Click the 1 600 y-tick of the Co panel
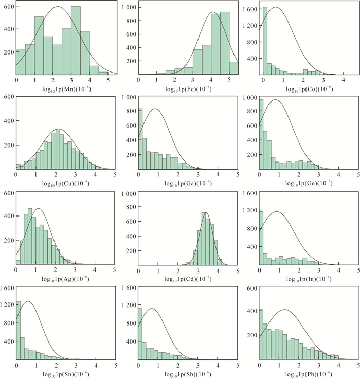(249, 10)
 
